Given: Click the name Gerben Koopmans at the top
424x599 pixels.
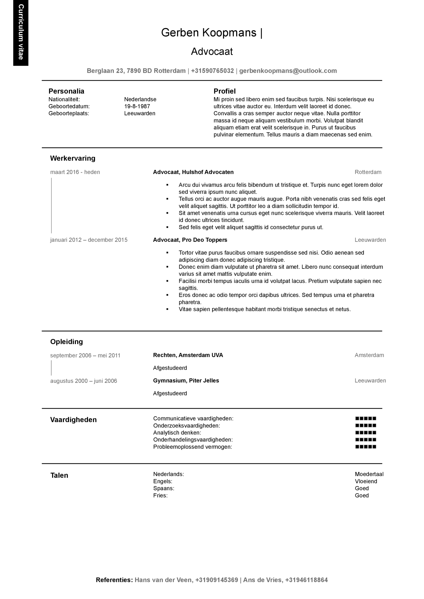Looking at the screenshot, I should click(x=209, y=33).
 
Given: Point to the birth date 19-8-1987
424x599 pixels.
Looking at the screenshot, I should click(x=137, y=106).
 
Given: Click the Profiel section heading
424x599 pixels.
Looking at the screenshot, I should click(x=224, y=91).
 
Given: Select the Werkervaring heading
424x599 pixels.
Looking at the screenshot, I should click(x=73, y=158).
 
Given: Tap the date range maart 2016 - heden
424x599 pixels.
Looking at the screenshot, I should click(x=75, y=172).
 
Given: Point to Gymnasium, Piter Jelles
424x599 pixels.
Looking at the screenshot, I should click(x=186, y=381).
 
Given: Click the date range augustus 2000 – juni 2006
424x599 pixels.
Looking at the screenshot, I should click(x=84, y=381).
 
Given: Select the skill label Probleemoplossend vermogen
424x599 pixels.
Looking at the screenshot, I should click(x=192, y=447).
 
